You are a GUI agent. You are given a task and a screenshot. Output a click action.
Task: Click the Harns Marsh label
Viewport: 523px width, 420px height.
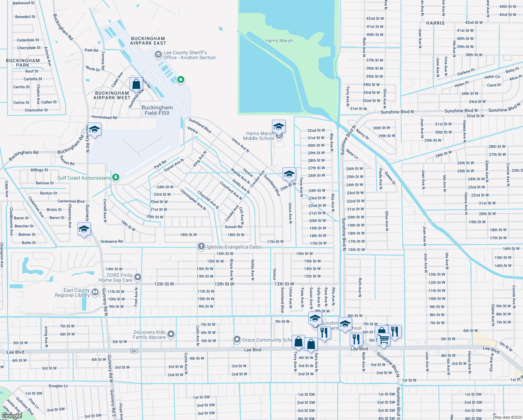[279, 41]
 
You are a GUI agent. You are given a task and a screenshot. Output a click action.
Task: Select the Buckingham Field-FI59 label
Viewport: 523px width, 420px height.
[157, 110]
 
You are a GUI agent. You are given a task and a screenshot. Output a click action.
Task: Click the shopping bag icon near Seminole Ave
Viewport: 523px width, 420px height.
[136, 84]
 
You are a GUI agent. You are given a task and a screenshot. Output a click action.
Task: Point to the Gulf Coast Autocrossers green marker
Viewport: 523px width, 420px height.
[116, 177]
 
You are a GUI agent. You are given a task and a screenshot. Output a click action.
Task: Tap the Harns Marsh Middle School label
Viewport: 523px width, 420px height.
[259, 136]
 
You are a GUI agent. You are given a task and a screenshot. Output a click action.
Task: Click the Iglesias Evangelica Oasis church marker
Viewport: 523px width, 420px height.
[201, 247]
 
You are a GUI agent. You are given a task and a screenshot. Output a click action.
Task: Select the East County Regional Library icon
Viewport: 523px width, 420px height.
[95, 292]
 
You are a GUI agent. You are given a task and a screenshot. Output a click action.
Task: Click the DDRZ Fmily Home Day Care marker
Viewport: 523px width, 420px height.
[138, 277]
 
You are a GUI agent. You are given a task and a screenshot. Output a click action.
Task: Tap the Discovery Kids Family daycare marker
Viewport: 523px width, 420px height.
[171, 334]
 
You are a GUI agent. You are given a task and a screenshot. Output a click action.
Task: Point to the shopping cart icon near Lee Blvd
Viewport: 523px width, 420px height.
[384, 339]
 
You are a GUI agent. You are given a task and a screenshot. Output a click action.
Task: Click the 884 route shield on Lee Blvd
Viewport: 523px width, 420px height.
[134, 351]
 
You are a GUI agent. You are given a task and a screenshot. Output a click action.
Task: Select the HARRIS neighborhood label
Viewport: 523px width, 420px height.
[435, 23]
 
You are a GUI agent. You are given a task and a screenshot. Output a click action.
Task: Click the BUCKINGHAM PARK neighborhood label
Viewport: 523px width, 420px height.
[23, 63]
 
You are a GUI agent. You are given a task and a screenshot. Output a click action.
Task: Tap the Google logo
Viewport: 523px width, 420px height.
[12, 415]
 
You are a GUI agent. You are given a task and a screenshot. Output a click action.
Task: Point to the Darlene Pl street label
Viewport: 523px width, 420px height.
[466, 72]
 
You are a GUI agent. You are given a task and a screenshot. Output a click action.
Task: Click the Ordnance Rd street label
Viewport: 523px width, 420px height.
[112, 241]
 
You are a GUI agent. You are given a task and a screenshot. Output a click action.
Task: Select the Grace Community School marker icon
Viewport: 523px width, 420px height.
[237, 339]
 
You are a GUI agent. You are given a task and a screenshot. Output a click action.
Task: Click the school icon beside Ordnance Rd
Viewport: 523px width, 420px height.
[84, 229]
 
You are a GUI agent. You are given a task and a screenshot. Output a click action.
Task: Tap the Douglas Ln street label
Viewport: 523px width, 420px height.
[58, 386]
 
